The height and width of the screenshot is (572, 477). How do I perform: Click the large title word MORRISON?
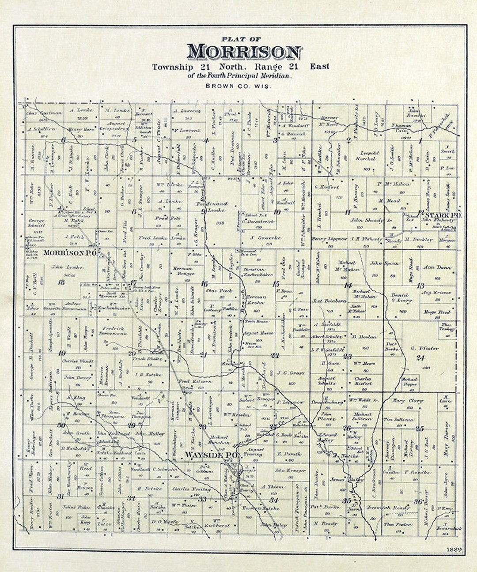(x=244, y=52)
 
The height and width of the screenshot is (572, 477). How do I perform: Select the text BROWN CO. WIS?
(x=238, y=85)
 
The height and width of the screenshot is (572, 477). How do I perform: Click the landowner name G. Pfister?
(x=424, y=349)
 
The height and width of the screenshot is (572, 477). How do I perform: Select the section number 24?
(x=420, y=357)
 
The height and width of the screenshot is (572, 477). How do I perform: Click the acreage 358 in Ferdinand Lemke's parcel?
(x=220, y=223)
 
